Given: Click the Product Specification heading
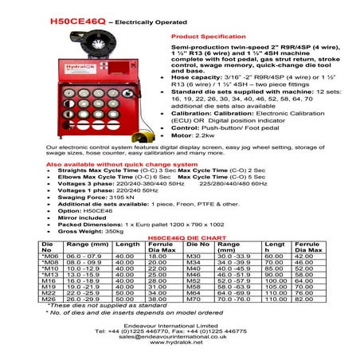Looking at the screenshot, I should coord(204,37).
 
